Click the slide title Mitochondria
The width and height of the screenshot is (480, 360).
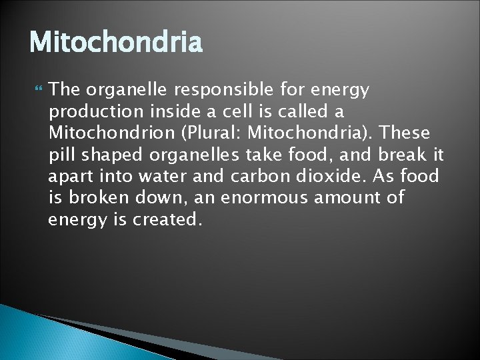point(115,43)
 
